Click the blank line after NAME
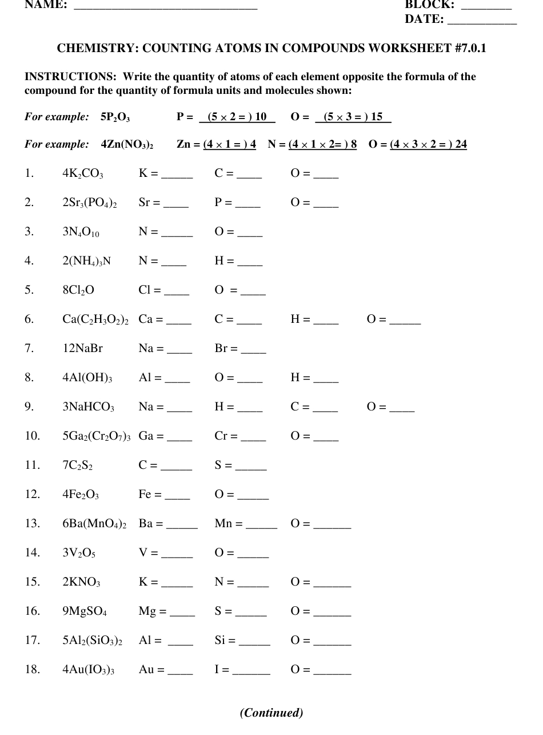point(166,7)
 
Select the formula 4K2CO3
point(83,173)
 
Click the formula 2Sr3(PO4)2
point(90,203)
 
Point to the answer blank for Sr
point(176,205)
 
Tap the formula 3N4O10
point(82,232)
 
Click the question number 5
point(29,290)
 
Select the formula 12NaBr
point(82,348)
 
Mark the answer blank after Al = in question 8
point(177,380)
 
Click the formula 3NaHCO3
point(88,407)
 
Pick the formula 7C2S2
point(78,465)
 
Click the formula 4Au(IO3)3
point(88,669)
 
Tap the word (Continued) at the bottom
point(271,713)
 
